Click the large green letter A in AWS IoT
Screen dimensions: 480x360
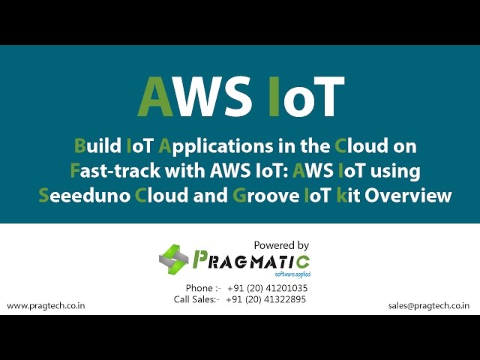click(x=155, y=97)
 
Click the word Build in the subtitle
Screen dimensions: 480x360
click(x=97, y=146)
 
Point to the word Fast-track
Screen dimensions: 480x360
click(x=115, y=171)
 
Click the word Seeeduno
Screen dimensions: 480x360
click(x=85, y=196)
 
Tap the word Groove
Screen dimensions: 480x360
click(x=265, y=196)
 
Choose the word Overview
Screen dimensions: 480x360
click(x=408, y=196)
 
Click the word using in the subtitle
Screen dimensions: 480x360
click(x=395, y=172)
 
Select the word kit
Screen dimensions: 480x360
click(x=348, y=196)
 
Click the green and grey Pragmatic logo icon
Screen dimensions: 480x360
click(x=173, y=259)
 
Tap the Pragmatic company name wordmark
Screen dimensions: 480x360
click(x=251, y=261)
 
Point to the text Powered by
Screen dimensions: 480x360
click(x=281, y=245)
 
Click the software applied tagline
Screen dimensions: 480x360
click(x=292, y=274)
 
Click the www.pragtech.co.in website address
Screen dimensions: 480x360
click(x=46, y=306)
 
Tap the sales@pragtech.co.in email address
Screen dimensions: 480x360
click(x=429, y=306)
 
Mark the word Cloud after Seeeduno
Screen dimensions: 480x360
click(x=161, y=196)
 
